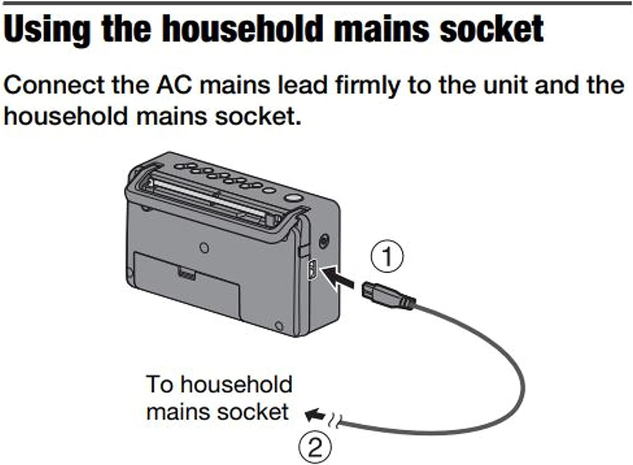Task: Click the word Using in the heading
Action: (46, 30)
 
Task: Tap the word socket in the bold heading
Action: (492, 30)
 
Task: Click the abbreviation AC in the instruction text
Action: (174, 86)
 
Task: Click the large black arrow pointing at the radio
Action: (338, 277)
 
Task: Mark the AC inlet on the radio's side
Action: (312, 269)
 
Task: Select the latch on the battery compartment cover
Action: (186, 273)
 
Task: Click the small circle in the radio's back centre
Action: (204, 247)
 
